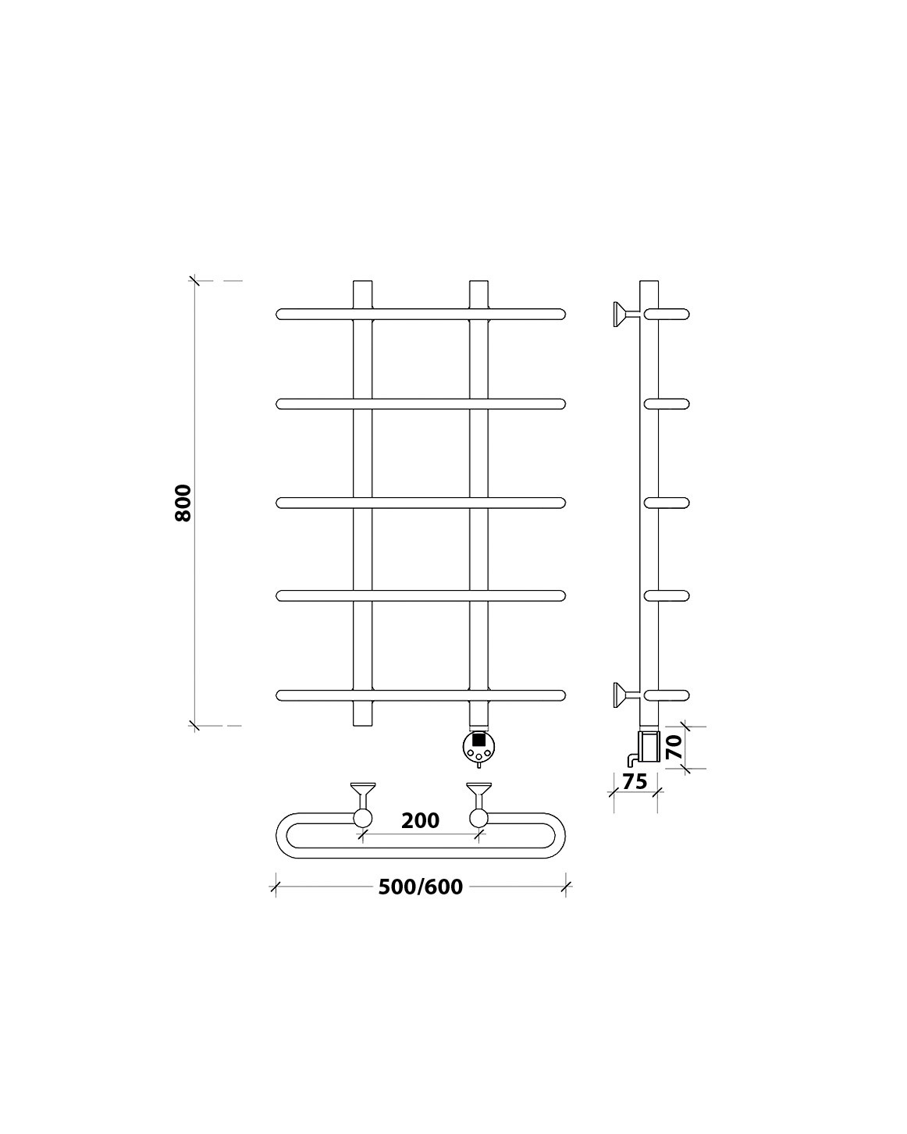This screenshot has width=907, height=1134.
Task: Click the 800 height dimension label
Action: point(183,503)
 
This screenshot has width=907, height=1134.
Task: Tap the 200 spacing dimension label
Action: point(420,820)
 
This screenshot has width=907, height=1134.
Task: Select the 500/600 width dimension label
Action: point(420,887)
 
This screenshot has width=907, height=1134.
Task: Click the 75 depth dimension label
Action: point(635,781)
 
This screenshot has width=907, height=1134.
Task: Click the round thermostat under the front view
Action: point(478,747)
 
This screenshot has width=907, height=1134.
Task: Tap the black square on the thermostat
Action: point(479,738)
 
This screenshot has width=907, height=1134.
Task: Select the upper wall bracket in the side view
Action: point(621,315)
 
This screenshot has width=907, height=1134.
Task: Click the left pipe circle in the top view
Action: point(363,818)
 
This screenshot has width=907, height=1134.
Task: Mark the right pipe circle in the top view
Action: point(478,818)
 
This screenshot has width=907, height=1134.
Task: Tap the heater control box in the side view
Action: point(649,745)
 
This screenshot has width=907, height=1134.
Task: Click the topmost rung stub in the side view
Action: point(667,315)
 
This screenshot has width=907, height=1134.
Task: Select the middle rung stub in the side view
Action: point(667,503)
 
